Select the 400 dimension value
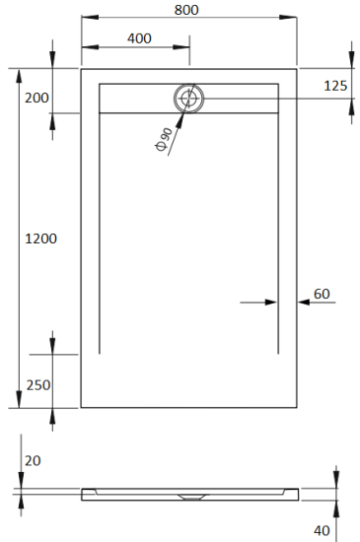click(139, 38)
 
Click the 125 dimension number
click(335, 86)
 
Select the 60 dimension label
click(322, 294)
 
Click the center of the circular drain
click(188, 98)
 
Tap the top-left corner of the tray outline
click(81, 68)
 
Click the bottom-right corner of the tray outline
click(298, 407)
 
